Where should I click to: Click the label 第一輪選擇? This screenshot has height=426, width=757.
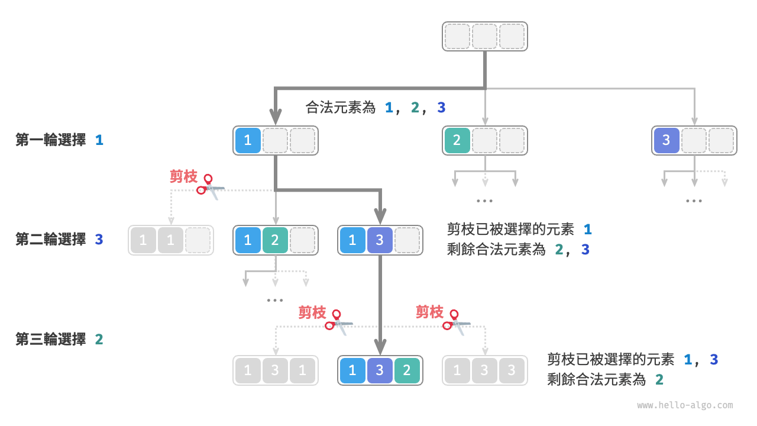tap(50, 140)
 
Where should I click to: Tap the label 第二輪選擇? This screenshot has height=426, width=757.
tap(50, 240)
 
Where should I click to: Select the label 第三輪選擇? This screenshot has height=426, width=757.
tap(50, 339)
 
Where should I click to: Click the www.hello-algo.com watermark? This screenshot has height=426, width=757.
tap(685, 405)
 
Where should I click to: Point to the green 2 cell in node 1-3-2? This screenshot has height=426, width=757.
tap(407, 371)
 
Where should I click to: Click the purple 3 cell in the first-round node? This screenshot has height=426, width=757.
tap(666, 141)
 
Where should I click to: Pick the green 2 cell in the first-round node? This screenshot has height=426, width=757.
tap(457, 141)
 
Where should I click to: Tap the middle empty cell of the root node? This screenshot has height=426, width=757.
tap(484, 37)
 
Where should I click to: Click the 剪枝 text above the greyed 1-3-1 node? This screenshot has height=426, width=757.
tap(312, 312)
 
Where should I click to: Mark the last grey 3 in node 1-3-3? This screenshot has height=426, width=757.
tap(512, 371)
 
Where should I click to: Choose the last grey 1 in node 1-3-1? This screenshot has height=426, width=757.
tap(302, 371)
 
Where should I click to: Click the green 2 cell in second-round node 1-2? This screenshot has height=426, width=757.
tap(275, 240)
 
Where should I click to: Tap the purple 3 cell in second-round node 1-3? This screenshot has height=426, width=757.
tap(380, 240)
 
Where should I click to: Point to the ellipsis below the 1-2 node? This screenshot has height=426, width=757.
tap(275, 301)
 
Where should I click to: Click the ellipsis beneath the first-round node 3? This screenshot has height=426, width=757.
tap(693, 201)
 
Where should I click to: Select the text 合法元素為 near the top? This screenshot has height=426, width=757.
tap(341, 108)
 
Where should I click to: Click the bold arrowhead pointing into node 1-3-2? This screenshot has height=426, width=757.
tap(380, 347)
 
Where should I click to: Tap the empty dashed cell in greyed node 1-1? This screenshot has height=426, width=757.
tap(198, 240)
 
